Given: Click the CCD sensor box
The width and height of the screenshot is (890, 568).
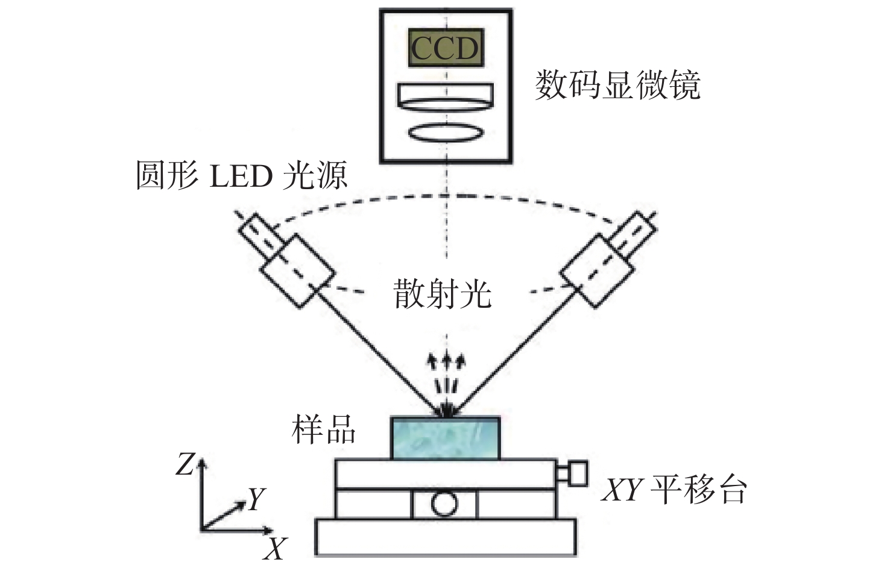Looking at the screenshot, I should click(x=446, y=48).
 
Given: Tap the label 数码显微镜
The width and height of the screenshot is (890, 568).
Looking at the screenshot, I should click(x=617, y=84).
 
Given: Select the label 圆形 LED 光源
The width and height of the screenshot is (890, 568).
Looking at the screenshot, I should click(x=241, y=175).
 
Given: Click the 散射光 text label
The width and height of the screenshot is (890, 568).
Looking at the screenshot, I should click(x=443, y=295).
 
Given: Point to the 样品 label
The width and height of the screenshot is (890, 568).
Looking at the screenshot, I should click(x=323, y=429).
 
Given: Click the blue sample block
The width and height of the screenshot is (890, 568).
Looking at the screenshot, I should click(x=445, y=438).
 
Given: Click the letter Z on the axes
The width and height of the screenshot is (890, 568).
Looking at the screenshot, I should click(x=185, y=464).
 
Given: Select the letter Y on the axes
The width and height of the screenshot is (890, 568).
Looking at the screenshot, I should click(x=257, y=498).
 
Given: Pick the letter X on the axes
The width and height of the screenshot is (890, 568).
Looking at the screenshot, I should click(x=275, y=548).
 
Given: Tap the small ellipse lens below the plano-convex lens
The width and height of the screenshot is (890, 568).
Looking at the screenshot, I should click(x=446, y=133).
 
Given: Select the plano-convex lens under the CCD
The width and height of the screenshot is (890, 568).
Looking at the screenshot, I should click(x=446, y=97).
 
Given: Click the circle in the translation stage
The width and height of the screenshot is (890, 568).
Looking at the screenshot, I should click(x=444, y=504).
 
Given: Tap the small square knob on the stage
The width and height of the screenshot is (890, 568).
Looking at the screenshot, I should click(x=579, y=473).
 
